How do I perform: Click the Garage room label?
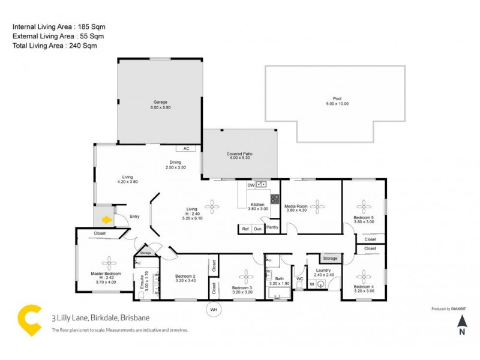coord(160,102)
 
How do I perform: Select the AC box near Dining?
coord(185,148)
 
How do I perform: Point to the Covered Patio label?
coord(239,154)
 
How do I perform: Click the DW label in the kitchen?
coord(251,185)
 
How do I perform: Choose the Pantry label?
coord(272,227)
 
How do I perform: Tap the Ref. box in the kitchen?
coord(245,229)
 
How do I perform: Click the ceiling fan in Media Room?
coord(317,208)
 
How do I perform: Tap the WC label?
coord(299,279)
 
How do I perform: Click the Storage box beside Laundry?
coord(329,259)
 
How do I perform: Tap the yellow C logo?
coord(28,319)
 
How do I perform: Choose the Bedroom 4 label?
coord(364,287)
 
